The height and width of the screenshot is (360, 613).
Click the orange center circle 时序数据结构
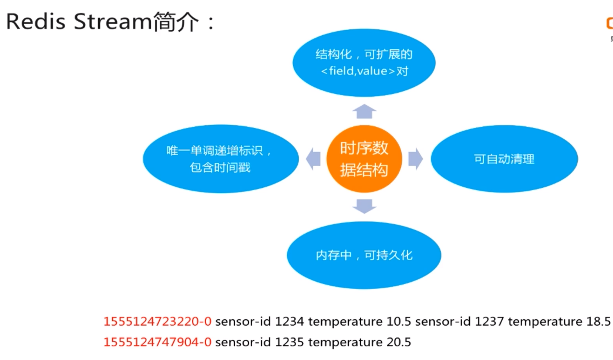click(364, 159)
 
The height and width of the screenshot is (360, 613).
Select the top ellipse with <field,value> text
click(364, 63)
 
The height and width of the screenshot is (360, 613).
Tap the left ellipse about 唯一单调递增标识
click(221, 159)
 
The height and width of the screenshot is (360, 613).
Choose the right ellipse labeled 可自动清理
click(504, 159)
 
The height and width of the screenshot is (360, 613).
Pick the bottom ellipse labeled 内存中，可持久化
click(364, 255)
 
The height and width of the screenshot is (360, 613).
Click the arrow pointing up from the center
click(364, 112)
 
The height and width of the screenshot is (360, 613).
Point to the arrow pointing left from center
click(313, 159)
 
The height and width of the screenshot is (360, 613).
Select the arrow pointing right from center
click(415, 159)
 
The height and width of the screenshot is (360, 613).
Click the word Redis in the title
click(36, 22)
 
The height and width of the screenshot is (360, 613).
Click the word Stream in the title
click(113, 22)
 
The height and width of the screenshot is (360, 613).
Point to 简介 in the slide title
click(176, 22)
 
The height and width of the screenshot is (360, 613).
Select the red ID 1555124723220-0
click(157, 321)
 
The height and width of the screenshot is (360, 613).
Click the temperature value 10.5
click(399, 321)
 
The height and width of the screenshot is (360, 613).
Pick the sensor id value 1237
click(489, 321)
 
